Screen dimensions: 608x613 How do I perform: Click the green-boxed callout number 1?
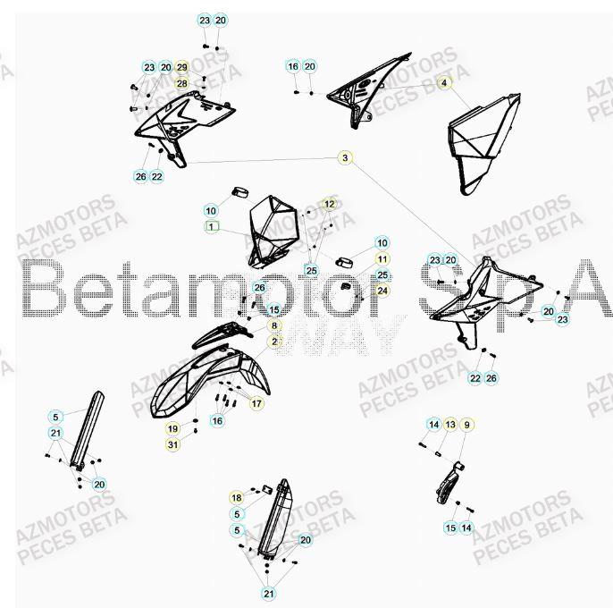211,227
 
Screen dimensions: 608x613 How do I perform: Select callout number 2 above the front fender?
275,341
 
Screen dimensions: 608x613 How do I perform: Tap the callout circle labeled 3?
344,158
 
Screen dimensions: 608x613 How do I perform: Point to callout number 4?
442,83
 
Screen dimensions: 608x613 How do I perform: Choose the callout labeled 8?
275,326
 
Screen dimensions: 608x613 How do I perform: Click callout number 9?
466,424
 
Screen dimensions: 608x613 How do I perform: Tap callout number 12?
329,205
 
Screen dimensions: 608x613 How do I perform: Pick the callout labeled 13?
450,424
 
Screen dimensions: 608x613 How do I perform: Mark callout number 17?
256,403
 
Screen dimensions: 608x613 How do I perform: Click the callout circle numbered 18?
237,498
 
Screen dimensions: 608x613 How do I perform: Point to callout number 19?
172,429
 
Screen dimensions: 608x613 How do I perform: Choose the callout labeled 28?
181,83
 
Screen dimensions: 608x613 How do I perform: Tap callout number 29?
181,68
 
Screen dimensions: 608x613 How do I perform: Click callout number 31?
172,445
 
